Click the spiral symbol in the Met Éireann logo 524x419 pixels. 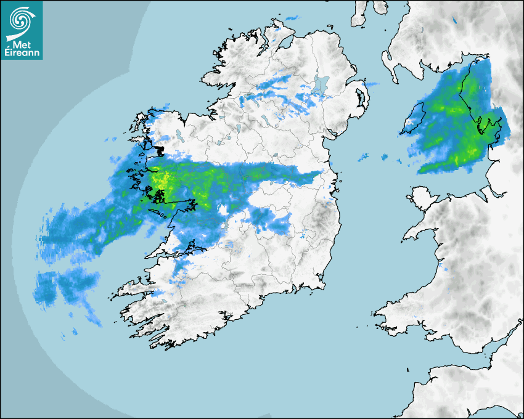(x=21, y=20)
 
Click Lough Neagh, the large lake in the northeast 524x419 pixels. (x=320, y=84)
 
